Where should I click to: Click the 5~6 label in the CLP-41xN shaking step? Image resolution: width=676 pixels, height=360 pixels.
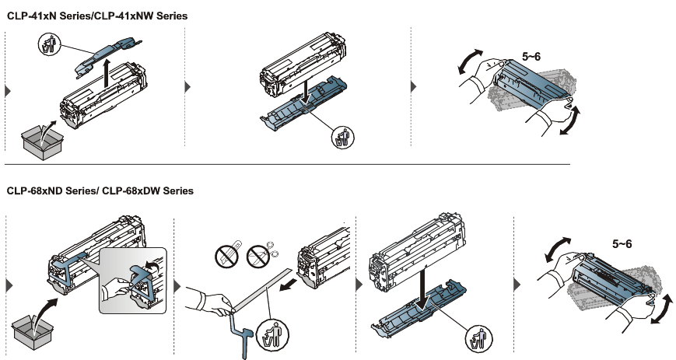[x=533, y=57]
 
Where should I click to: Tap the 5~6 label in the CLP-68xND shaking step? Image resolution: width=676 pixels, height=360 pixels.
[x=622, y=244]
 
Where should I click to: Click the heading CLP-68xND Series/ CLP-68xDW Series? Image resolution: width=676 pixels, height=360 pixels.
[x=100, y=190]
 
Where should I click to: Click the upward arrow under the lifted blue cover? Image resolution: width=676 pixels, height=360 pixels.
[x=107, y=78]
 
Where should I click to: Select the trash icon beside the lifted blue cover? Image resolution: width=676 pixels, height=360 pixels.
[x=49, y=44]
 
